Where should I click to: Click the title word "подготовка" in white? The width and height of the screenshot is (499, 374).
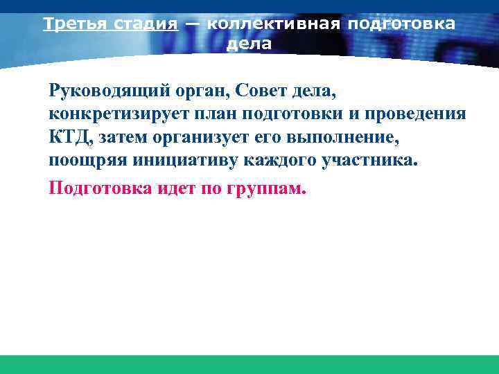click(x=401, y=24)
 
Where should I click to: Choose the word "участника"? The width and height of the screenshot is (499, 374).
click(x=370, y=162)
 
